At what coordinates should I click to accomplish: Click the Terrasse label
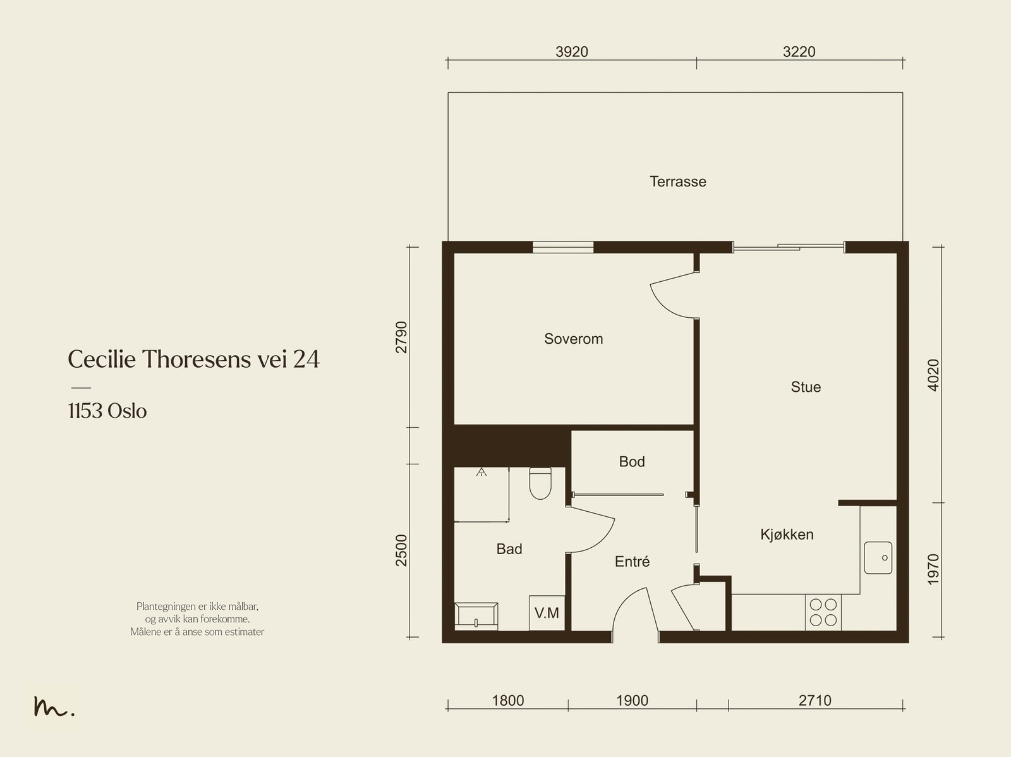(x=677, y=181)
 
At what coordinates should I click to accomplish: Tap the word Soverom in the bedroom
(x=574, y=339)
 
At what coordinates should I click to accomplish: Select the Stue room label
(x=806, y=387)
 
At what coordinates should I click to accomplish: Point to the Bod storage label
(x=631, y=461)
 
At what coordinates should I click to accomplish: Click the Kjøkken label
(x=787, y=534)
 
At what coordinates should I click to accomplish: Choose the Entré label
(x=632, y=561)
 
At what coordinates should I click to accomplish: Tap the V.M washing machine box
(x=547, y=613)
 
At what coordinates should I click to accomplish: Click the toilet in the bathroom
(x=540, y=483)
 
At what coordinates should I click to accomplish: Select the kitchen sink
(x=878, y=557)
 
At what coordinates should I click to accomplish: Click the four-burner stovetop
(x=823, y=612)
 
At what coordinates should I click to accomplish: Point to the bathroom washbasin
(x=476, y=615)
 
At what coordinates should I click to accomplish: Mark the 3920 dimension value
(x=572, y=52)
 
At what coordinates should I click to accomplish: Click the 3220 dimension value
(x=799, y=52)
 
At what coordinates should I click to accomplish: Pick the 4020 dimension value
(x=933, y=375)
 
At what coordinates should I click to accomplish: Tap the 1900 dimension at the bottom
(x=632, y=700)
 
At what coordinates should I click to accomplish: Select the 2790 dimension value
(x=402, y=337)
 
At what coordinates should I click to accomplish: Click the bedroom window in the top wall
(x=563, y=247)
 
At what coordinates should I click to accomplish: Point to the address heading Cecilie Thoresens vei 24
(x=193, y=359)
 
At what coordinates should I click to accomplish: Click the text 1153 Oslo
(x=107, y=411)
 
